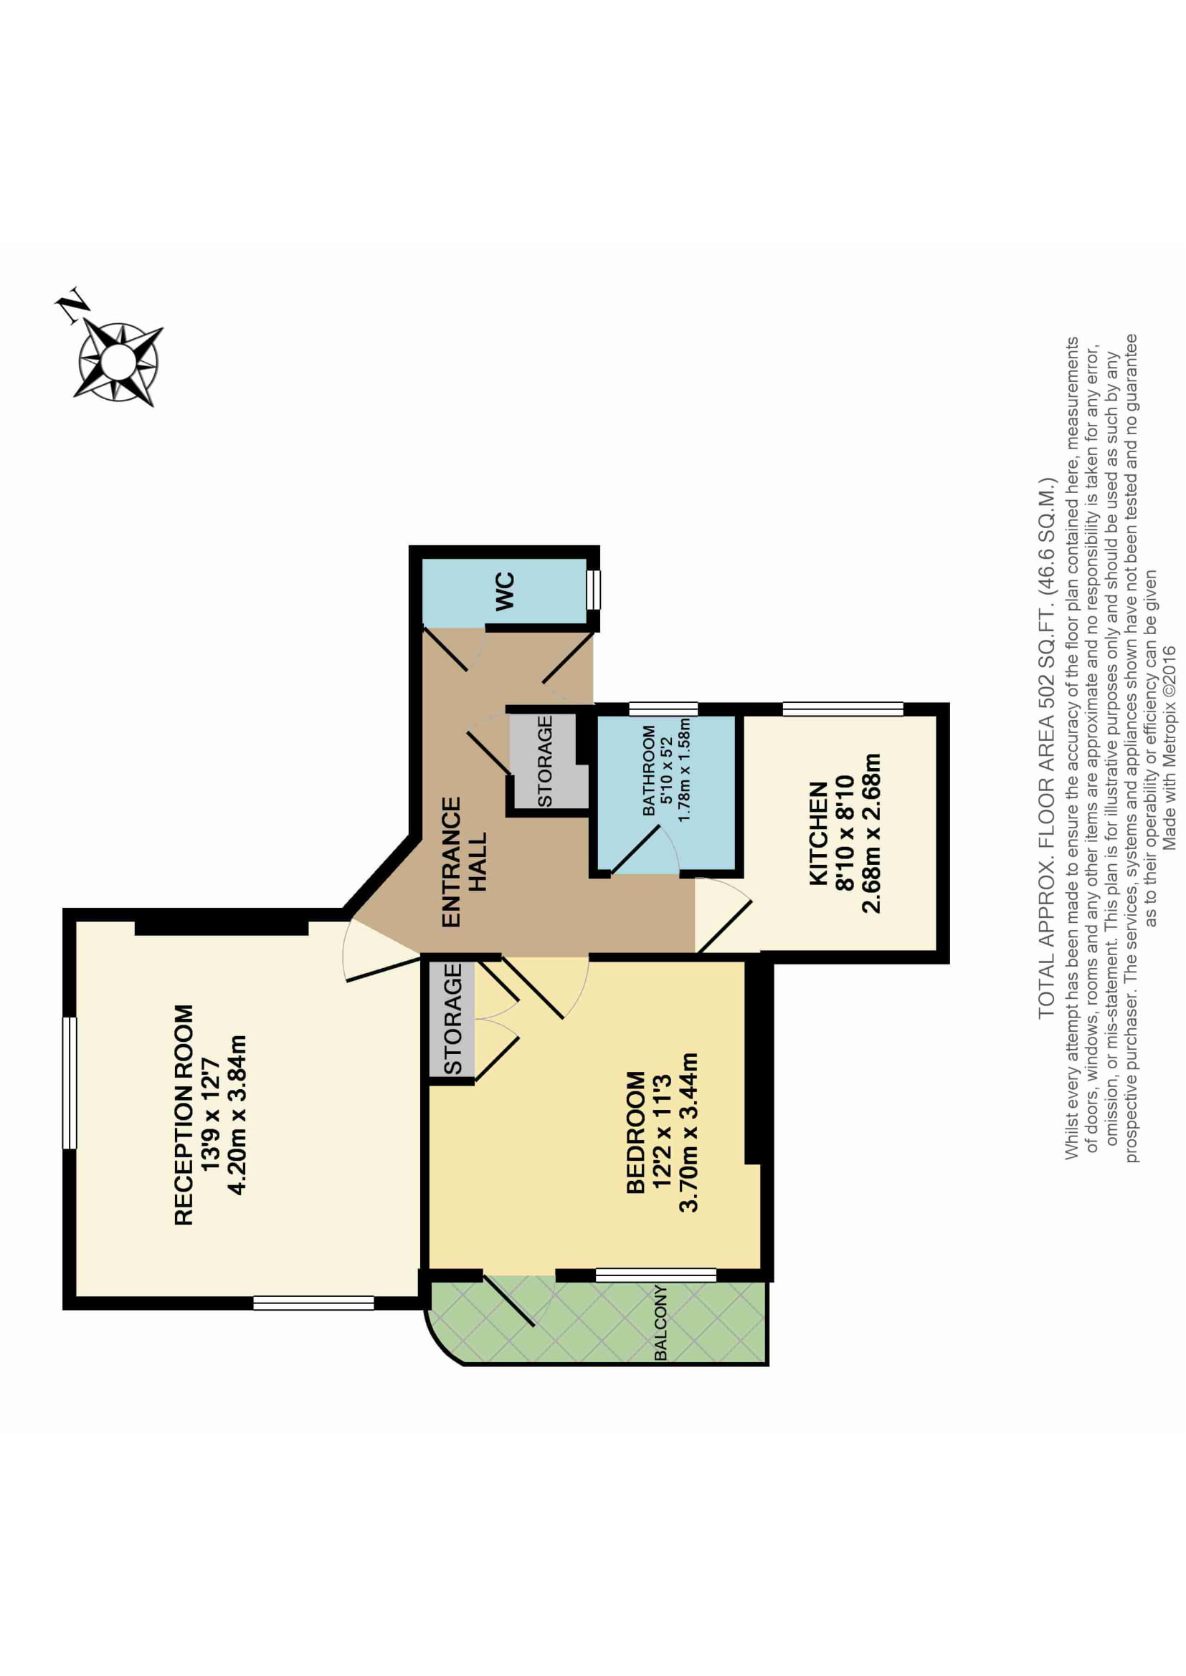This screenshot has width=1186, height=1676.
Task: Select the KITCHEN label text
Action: (819, 833)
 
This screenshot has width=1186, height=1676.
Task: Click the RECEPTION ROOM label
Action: (184, 1115)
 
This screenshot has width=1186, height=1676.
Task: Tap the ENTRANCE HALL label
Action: (464, 861)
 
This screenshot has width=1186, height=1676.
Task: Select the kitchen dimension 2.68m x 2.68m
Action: (871, 833)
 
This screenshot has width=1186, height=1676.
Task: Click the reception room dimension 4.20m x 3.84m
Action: (237, 1115)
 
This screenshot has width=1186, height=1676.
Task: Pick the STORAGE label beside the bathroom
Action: (545, 762)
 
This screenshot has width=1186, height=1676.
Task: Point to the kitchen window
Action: (843, 708)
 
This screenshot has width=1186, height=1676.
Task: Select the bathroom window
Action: (663, 708)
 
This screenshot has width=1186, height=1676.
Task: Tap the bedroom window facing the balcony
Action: (656, 1275)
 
